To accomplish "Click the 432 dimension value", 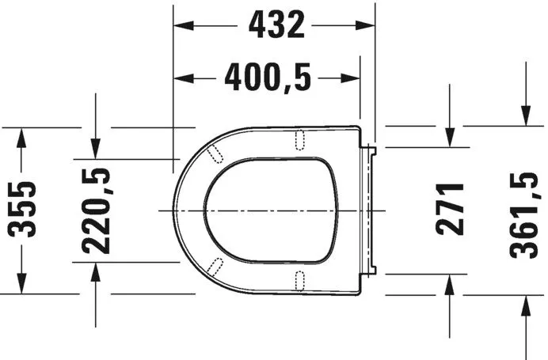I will pyautogui.click(x=276, y=26).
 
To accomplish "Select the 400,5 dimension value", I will pyautogui.click(x=268, y=78).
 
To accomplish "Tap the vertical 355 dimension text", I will pyautogui.click(x=24, y=210).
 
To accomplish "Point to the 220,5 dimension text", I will pyautogui.click(x=96, y=210).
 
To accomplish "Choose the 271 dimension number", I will pyautogui.click(x=451, y=210).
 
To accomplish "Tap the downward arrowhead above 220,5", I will pyautogui.click(x=95, y=148).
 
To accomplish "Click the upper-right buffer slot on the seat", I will pyautogui.click(x=300, y=139).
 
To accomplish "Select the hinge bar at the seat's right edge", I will pyautogui.click(x=369, y=210).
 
